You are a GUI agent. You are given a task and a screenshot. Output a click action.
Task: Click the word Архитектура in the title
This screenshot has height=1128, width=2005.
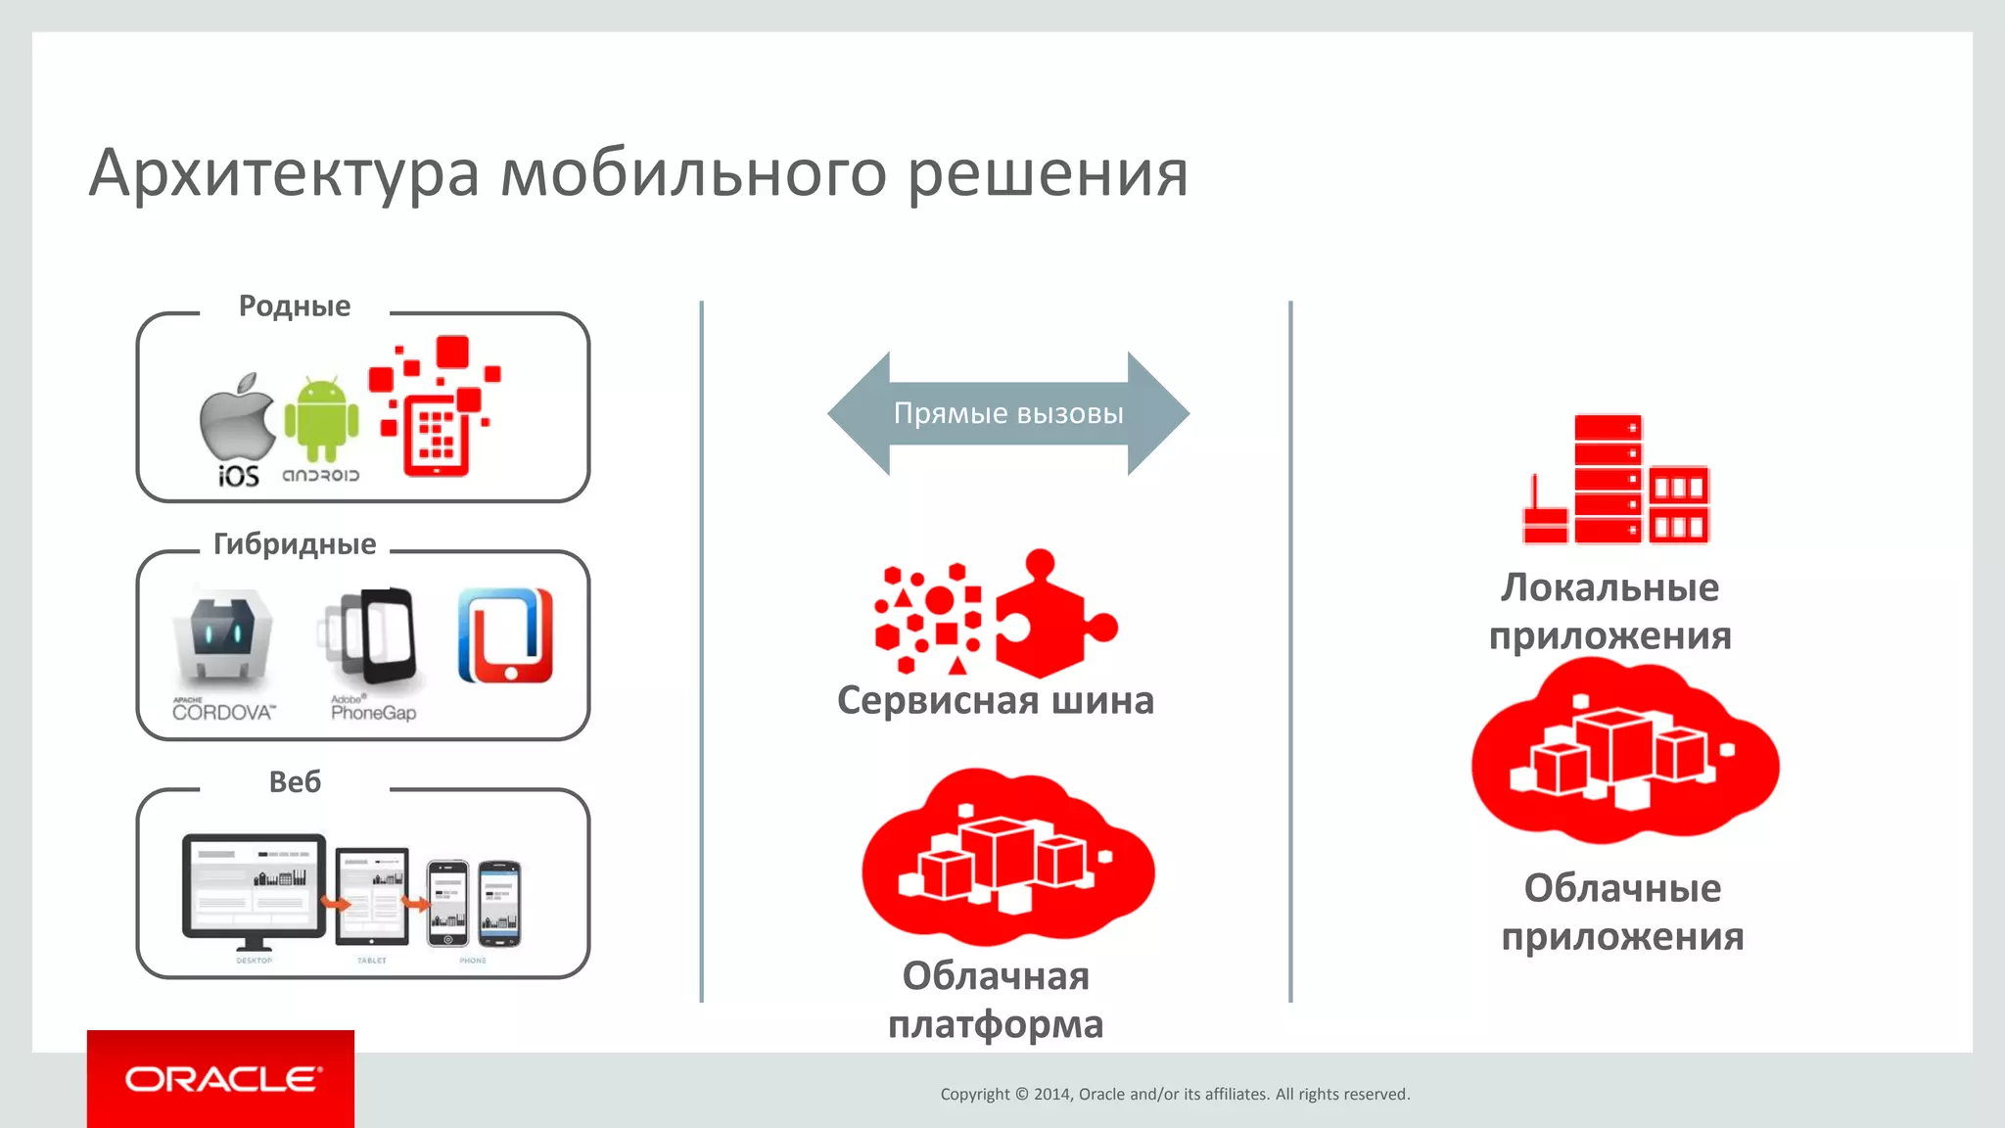pyautogui.click(x=284, y=174)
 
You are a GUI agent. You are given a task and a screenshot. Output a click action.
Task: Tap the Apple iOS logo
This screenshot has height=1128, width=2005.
pyautogui.click(x=238, y=421)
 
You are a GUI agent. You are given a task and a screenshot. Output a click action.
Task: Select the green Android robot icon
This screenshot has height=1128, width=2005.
pyautogui.click(x=321, y=419)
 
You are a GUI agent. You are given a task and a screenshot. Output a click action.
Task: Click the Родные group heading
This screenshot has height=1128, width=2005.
pyautogui.click(x=294, y=306)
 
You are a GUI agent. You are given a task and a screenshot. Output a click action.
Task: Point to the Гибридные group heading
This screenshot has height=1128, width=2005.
pyautogui.click(x=294, y=544)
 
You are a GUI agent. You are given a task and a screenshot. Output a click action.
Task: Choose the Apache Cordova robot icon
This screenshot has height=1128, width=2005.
pyautogui.click(x=223, y=636)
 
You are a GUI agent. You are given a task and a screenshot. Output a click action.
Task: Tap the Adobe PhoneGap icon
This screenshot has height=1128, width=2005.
pyautogui.click(x=370, y=636)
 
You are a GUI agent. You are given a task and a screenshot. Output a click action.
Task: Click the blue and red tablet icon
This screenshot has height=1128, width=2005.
pyautogui.click(x=505, y=636)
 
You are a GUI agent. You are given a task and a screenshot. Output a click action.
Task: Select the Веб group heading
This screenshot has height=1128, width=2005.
pyautogui.click(x=294, y=782)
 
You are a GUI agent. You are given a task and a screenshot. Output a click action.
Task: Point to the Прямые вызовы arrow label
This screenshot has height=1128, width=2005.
pyautogui.click(x=1008, y=413)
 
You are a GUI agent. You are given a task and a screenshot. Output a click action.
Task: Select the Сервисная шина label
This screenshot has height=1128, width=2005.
pyautogui.click(x=996, y=701)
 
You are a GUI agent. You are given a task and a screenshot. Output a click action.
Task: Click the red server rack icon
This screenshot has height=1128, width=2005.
pyautogui.click(x=1615, y=480)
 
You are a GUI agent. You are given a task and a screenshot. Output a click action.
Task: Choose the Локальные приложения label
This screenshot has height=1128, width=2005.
pyautogui.click(x=1610, y=612)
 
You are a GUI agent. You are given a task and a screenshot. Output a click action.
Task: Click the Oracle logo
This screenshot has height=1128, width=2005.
pyautogui.click(x=221, y=1079)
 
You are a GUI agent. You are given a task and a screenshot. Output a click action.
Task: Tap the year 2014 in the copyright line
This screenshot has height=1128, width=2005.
pyautogui.click(x=1053, y=1095)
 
